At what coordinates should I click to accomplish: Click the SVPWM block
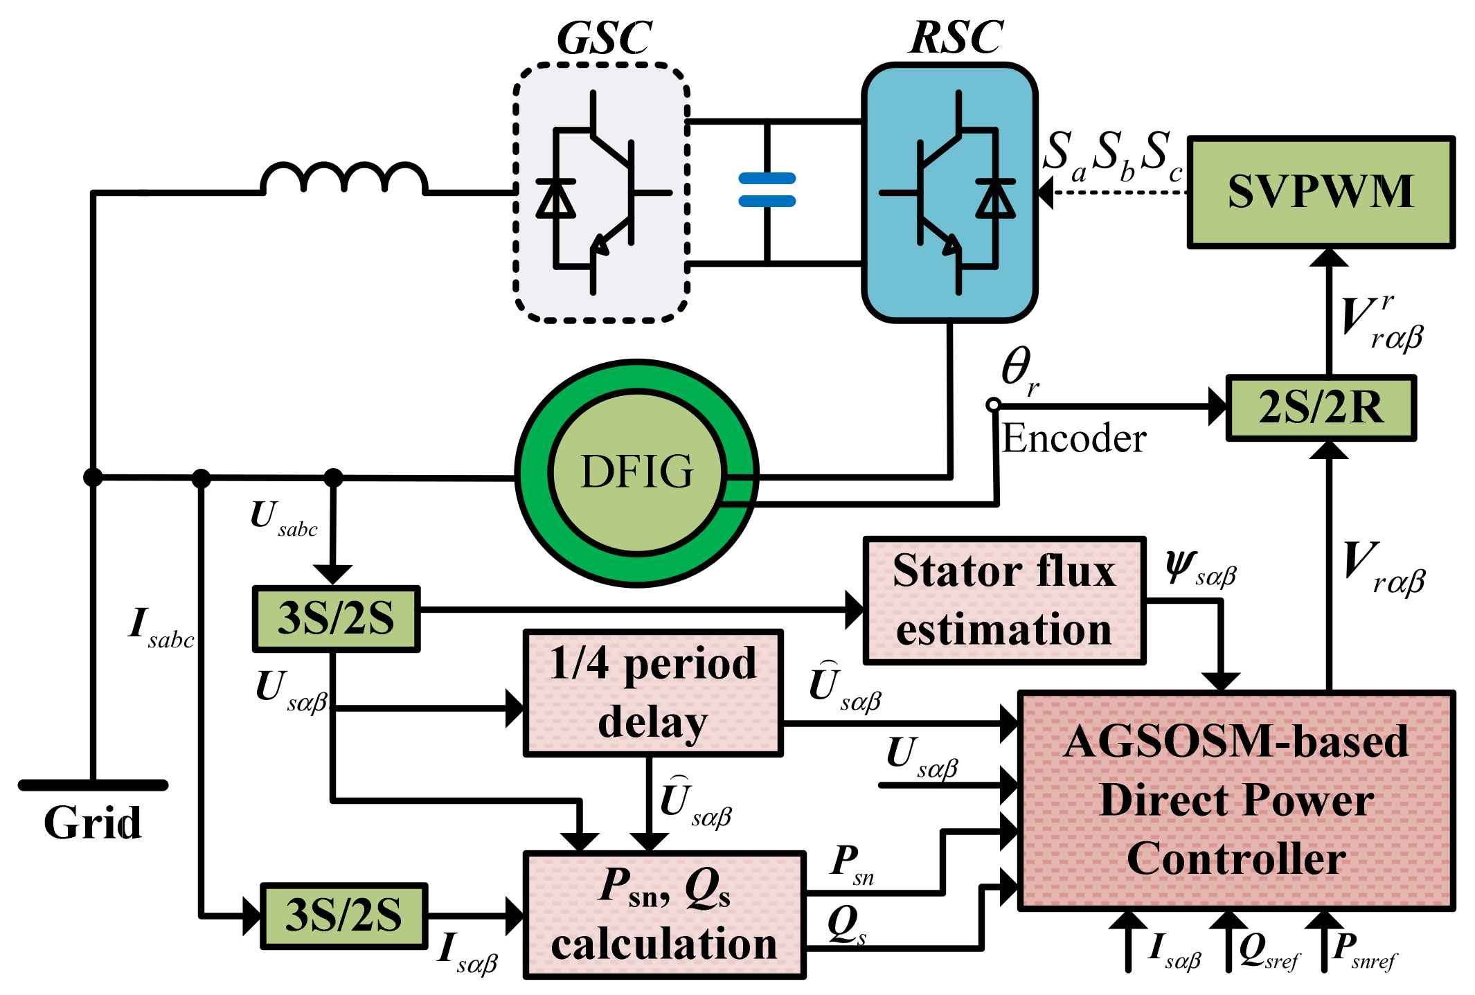(x=1321, y=192)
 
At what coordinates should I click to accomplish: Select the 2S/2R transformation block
(x=1321, y=407)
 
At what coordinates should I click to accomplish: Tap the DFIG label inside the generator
(x=636, y=472)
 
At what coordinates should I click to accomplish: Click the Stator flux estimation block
(x=1004, y=600)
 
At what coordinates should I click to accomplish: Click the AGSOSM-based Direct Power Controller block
(x=1236, y=800)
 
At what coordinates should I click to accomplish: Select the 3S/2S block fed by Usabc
(x=336, y=618)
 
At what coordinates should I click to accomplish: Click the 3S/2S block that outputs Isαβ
(x=343, y=915)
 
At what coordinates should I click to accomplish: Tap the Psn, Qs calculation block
(x=664, y=915)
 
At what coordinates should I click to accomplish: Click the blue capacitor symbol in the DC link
(x=767, y=190)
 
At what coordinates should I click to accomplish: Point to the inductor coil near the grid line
(x=343, y=178)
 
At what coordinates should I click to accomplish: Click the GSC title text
(x=604, y=38)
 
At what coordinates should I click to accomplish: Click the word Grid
(x=92, y=823)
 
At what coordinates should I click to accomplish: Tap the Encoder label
(x=1074, y=438)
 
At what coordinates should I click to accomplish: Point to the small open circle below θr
(x=993, y=405)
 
